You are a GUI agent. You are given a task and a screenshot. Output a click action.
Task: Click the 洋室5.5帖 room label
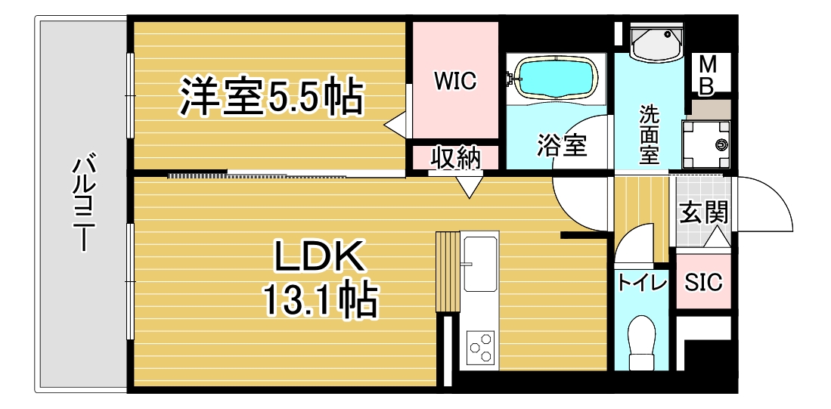(271, 97)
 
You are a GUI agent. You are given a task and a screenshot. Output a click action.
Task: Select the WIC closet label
(455, 81)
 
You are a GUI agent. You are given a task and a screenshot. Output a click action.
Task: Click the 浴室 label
(563, 145)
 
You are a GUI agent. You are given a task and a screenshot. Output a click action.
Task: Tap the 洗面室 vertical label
(649, 135)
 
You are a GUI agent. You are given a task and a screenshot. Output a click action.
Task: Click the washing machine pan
(706, 144)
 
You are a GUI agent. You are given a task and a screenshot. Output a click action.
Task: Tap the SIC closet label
(703, 283)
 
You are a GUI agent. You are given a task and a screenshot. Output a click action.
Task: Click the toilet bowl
(641, 342)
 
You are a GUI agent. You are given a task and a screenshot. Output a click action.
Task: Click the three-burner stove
(481, 348)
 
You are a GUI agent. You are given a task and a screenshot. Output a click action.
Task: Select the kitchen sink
(480, 263)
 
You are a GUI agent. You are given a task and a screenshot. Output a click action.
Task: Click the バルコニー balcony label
(84, 203)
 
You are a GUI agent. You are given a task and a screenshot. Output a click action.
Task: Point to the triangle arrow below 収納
(469, 187)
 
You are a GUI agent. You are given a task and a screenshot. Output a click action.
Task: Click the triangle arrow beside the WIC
(395, 125)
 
